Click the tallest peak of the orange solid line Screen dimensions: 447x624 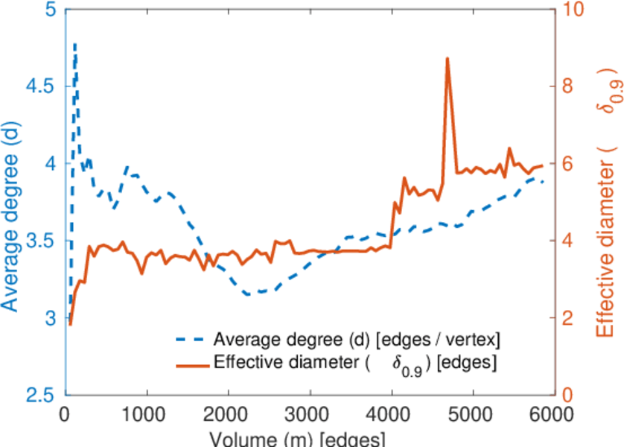(448, 58)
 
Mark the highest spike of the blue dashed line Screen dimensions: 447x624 (75, 44)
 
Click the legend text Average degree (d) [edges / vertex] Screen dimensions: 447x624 (357, 340)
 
